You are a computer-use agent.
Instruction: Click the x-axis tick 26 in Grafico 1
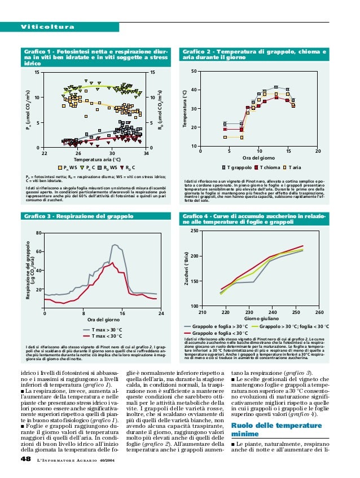(78, 153)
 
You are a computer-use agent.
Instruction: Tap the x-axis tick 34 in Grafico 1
(146, 153)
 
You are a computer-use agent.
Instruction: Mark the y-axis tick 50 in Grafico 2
(194, 71)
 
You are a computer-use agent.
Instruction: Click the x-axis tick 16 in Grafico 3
(122, 313)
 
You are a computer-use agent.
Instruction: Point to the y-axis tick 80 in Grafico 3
(38, 233)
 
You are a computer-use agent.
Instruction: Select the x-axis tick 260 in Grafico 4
(319, 312)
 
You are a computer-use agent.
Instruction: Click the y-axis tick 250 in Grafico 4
(195, 231)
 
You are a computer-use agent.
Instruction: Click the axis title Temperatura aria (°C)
(95, 160)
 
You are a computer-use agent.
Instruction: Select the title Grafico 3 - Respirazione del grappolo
(85, 216)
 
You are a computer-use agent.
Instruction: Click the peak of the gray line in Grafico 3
(115, 245)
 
